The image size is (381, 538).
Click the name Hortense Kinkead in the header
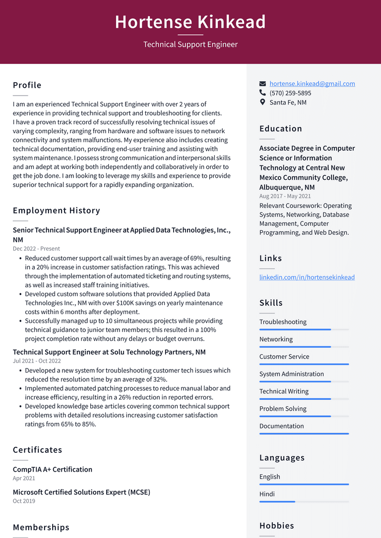pyautogui.click(x=190, y=22)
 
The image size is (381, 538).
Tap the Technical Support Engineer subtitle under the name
pyautogui.click(x=190, y=45)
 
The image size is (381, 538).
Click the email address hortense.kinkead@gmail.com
pyautogui.click(x=312, y=84)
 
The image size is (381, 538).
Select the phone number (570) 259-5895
pyautogui.click(x=290, y=93)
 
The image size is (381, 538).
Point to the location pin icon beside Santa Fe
pyautogui.click(x=263, y=102)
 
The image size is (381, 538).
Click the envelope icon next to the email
pyautogui.click(x=263, y=84)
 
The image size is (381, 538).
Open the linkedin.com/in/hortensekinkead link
pyautogui.click(x=307, y=277)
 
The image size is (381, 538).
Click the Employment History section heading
pyautogui.click(x=57, y=211)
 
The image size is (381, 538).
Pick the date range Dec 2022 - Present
pyautogui.click(x=36, y=249)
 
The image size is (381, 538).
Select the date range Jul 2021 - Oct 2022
pyautogui.click(x=37, y=361)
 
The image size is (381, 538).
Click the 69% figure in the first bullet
pyautogui.click(x=196, y=258)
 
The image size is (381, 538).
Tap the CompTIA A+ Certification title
pyautogui.click(x=53, y=469)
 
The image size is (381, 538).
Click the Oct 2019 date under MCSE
pyautogui.click(x=24, y=501)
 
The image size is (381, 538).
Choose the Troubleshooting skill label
pyautogui.click(x=283, y=322)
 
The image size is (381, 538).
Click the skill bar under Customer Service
pyautogui.click(x=304, y=364)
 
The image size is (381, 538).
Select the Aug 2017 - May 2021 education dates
pyautogui.click(x=285, y=196)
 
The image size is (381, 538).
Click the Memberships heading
pyautogui.click(x=41, y=528)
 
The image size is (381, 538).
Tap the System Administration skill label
pyautogui.click(x=291, y=374)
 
